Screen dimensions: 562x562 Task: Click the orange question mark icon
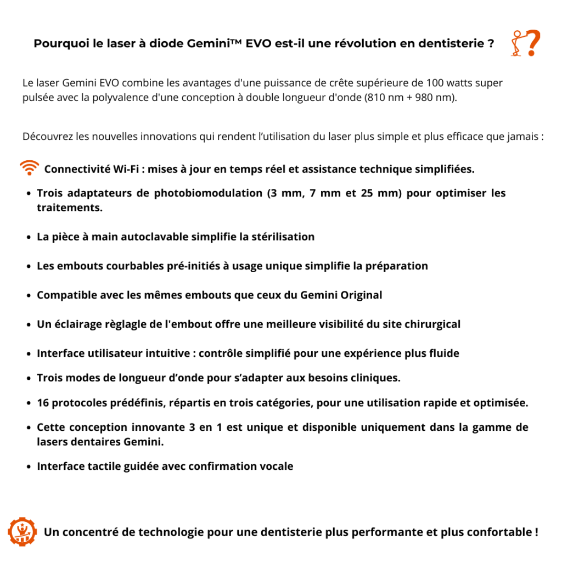click(x=526, y=43)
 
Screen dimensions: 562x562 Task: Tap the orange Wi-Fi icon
click(x=29, y=168)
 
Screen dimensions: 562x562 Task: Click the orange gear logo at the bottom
click(x=22, y=531)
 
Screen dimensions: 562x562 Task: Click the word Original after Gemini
click(x=361, y=295)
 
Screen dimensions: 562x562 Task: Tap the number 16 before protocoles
click(x=43, y=403)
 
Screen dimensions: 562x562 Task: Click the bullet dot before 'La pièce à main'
click(x=29, y=238)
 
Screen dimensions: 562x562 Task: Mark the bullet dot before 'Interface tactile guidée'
click(x=29, y=467)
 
